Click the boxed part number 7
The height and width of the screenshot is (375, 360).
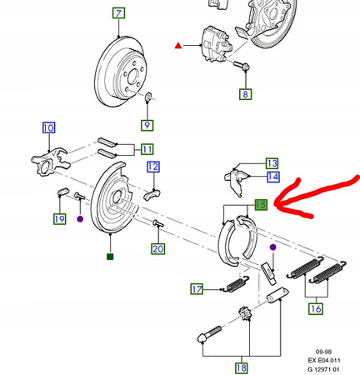[118, 13]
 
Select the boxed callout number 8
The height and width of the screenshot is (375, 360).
[245, 94]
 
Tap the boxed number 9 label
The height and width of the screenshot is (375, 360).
[147, 125]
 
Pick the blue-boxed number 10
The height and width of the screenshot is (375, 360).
[48, 127]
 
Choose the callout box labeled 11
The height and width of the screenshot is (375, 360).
[147, 149]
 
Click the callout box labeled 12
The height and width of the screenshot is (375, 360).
[153, 167]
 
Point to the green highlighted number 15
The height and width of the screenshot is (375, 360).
[261, 205]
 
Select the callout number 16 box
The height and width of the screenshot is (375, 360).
[316, 308]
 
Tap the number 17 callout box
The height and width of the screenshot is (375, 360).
[197, 289]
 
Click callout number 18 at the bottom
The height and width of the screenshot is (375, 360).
[241, 368]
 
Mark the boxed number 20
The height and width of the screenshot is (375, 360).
[157, 248]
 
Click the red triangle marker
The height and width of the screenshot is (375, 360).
[178, 45]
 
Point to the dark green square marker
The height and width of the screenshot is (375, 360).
[110, 257]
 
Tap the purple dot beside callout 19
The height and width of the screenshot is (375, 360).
[80, 219]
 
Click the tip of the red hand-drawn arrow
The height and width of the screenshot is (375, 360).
[275, 205]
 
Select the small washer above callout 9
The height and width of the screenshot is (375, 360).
[148, 97]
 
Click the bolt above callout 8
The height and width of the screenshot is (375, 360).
[242, 66]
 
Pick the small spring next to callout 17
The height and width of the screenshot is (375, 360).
[237, 283]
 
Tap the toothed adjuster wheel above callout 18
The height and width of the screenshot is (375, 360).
[244, 314]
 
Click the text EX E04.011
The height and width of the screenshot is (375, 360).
[324, 361]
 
